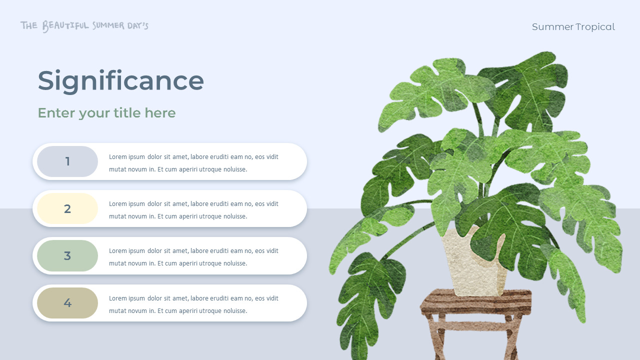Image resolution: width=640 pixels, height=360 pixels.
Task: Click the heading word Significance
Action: (x=120, y=81)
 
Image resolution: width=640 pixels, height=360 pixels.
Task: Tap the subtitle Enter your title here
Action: (x=106, y=113)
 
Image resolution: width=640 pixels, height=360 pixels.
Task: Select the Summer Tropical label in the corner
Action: (x=573, y=27)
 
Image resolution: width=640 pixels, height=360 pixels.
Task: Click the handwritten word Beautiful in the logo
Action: (x=65, y=25)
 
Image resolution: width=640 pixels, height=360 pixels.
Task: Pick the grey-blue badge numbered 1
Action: (x=67, y=161)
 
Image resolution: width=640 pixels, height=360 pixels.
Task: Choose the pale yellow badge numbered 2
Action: (x=67, y=209)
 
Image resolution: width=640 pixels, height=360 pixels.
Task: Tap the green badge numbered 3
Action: (x=67, y=256)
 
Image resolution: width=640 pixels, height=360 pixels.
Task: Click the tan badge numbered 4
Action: (x=67, y=303)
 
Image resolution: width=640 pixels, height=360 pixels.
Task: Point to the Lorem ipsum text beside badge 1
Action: (x=193, y=163)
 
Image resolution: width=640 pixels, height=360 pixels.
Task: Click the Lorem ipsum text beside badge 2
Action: (x=193, y=210)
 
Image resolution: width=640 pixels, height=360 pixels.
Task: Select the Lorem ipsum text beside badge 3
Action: (x=193, y=257)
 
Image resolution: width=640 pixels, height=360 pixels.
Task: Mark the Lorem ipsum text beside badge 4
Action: (x=193, y=304)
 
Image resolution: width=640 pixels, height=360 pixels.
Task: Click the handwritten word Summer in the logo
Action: (x=108, y=25)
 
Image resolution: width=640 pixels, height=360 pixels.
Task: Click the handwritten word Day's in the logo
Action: (x=137, y=25)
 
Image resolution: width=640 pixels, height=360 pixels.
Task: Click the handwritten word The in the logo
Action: (x=29, y=25)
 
